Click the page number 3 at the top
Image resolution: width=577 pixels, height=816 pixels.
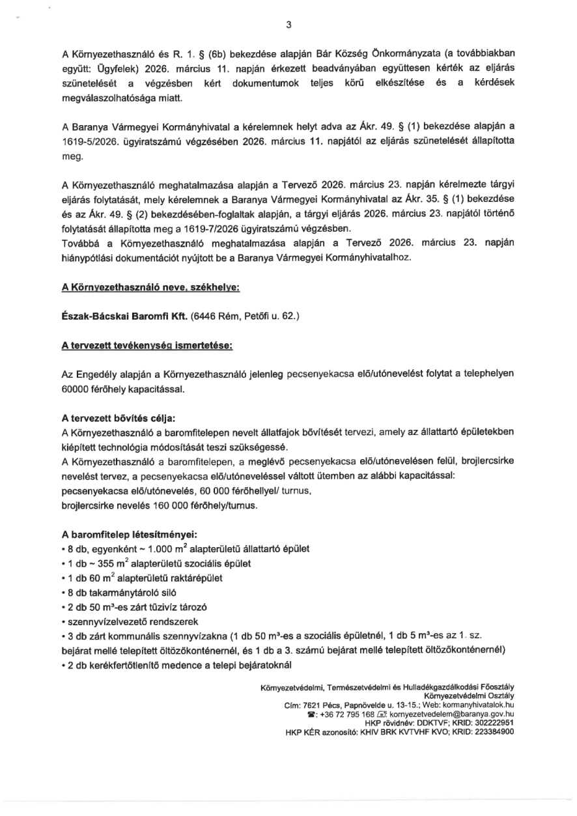tap(288, 25)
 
